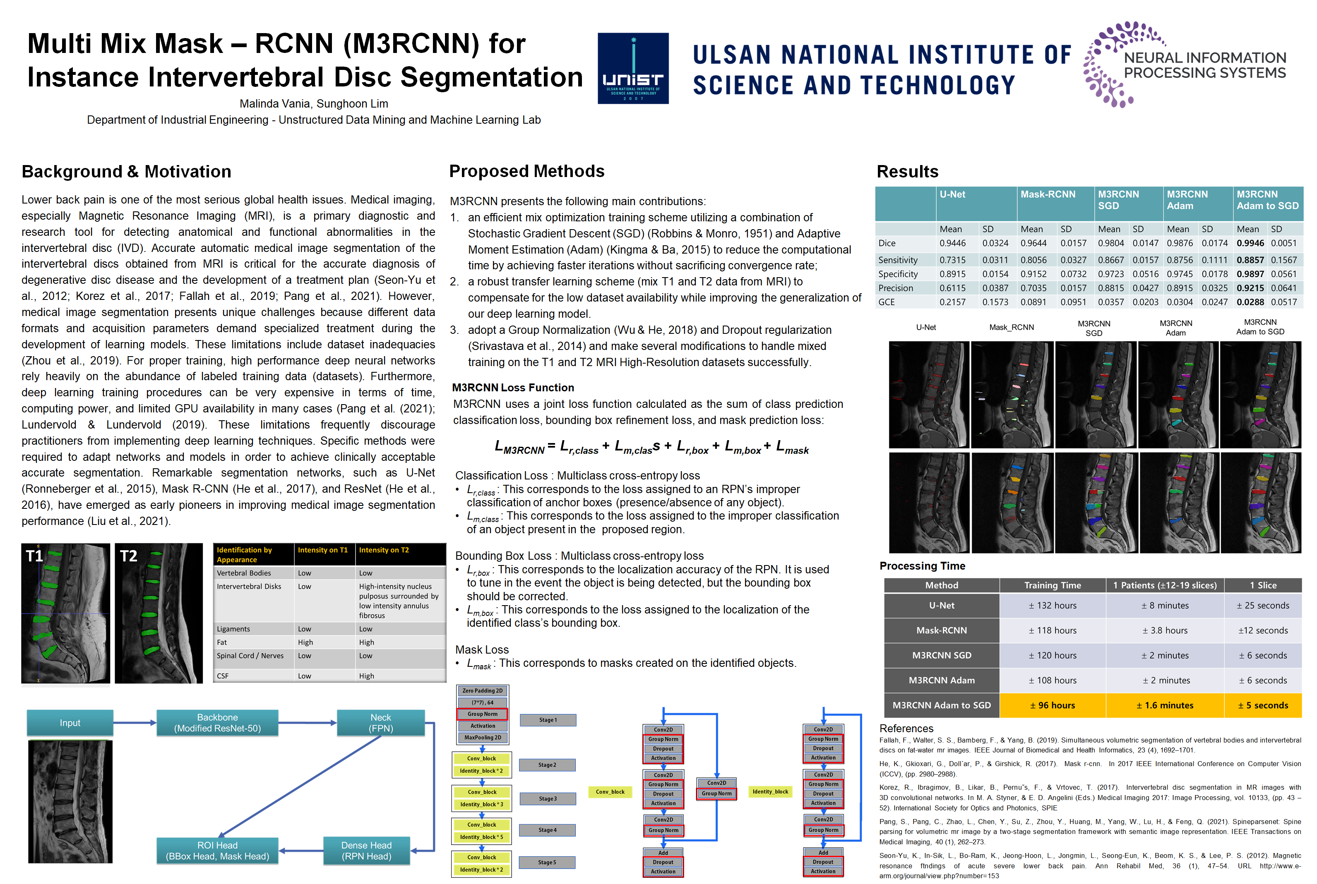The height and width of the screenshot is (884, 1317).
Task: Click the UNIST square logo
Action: coord(633,68)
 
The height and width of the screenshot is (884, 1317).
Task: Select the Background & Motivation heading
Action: coord(126,171)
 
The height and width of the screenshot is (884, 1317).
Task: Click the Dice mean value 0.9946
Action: coord(1250,243)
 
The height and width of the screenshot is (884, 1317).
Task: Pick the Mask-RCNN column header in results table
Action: coord(1048,194)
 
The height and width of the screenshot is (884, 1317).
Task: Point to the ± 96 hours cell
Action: coord(1052,705)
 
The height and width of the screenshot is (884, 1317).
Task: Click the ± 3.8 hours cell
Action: coord(1165,630)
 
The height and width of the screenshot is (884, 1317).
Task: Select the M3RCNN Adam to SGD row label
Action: coord(941,705)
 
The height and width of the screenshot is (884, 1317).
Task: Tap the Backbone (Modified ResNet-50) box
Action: coord(217,723)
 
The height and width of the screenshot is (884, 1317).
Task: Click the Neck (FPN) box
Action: coord(381,723)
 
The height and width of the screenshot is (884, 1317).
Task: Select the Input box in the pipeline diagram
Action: coord(70,723)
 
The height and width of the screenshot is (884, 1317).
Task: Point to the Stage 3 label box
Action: coord(547,799)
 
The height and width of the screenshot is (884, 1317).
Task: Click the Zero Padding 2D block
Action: coord(482,691)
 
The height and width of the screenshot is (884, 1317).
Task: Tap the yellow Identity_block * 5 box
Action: coord(482,837)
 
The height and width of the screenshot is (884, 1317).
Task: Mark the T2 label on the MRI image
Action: coord(129,556)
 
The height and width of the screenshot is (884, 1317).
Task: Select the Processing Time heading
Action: coord(922,566)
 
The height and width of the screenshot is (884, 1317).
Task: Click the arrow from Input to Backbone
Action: coord(135,723)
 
